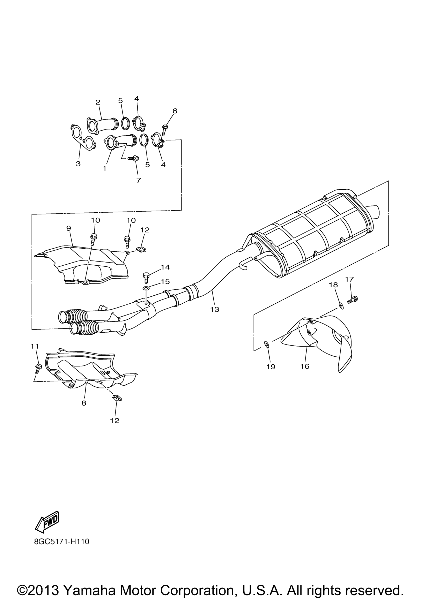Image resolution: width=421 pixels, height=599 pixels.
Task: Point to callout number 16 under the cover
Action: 305,366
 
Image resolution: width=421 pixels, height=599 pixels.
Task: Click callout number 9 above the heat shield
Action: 69,228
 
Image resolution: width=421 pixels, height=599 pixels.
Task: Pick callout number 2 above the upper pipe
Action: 98,102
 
